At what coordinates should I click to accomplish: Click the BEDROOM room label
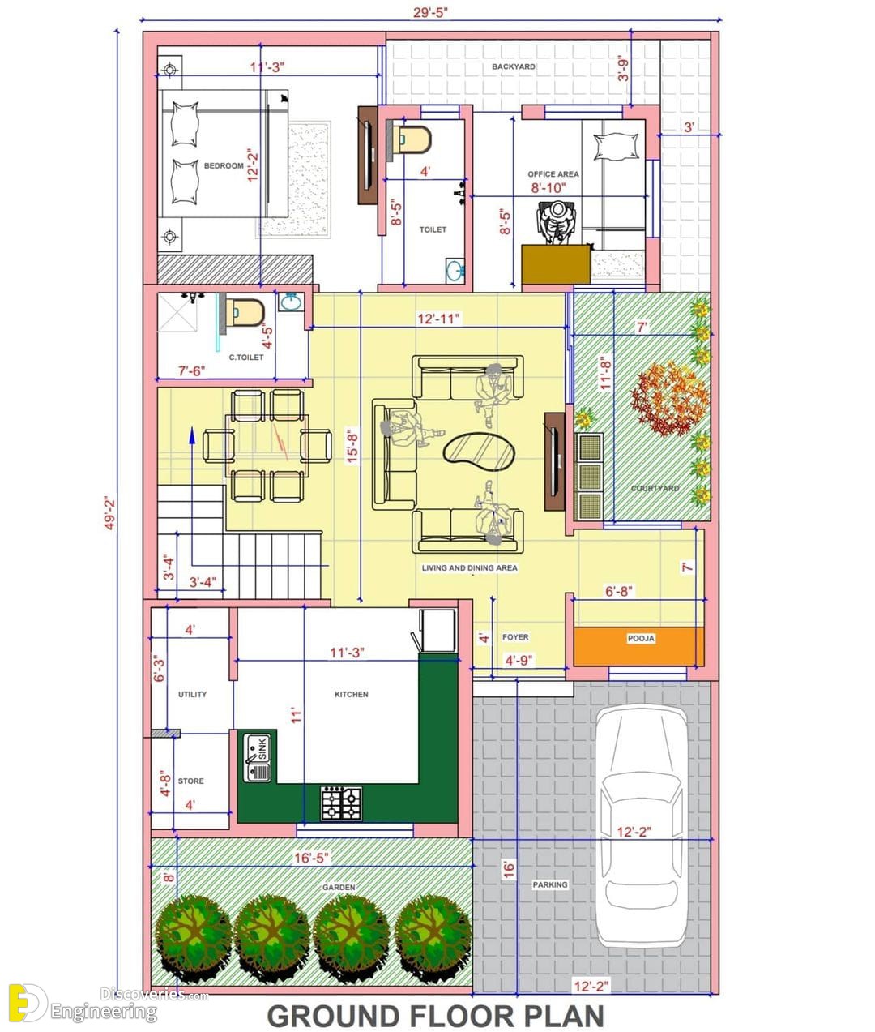tap(224, 165)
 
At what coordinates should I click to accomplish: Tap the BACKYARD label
tap(514, 66)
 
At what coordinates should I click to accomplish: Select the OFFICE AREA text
tap(553, 174)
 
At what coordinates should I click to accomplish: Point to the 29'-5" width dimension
tap(430, 12)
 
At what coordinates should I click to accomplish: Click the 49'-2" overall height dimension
tap(109, 512)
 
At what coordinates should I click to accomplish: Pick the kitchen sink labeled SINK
tap(258, 757)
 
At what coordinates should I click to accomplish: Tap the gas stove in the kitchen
tap(341, 803)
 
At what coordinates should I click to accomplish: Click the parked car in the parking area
tap(642, 827)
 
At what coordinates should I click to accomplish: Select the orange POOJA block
tap(638, 647)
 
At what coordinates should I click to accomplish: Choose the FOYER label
tap(515, 637)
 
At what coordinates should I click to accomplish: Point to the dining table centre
tap(267, 445)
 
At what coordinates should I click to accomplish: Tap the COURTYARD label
tap(655, 488)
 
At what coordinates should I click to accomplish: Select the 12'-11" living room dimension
tap(438, 319)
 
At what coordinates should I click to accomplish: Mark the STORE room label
tap(190, 781)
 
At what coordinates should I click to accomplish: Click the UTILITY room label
tap(192, 695)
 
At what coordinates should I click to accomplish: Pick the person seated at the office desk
tap(557, 222)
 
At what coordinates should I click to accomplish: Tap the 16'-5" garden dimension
tap(311, 858)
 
